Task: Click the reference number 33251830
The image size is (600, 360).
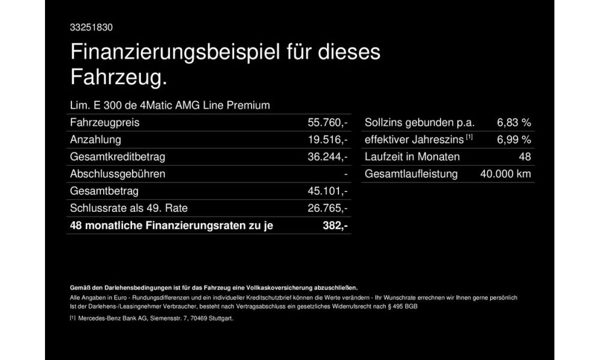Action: (92, 28)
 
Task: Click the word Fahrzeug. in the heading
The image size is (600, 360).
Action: (118, 77)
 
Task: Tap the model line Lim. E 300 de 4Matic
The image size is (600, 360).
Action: (170, 106)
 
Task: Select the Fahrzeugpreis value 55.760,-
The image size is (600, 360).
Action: (328, 123)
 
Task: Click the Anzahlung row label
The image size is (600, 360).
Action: (96, 140)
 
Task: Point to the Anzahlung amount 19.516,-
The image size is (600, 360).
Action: (328, 140)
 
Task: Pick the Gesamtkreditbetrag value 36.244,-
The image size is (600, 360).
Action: (328, 157)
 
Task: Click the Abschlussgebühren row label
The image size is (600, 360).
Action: (118, 174)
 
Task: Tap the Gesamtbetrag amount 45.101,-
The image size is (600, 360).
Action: (328, 191)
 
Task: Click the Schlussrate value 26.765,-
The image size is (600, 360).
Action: (328, 208)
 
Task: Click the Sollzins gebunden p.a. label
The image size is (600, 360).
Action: (419, 123)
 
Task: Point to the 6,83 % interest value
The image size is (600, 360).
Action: (514, 123)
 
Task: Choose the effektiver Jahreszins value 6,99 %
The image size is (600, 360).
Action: (514, 140)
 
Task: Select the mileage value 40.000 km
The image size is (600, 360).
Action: (506, 174)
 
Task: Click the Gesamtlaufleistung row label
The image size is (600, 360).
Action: (411, 174)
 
